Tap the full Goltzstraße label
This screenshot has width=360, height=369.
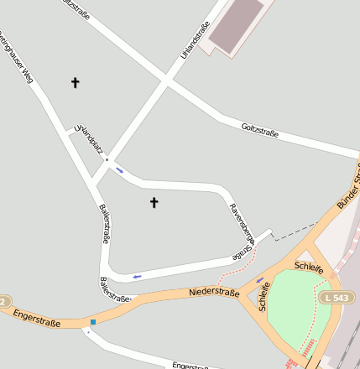click(259, 129)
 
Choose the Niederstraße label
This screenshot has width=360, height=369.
click(214, 293)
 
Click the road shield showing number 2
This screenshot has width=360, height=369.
click(3, 301)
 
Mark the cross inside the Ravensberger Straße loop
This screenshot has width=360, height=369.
click(154, 202)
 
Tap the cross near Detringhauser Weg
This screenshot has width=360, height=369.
click(75, 82)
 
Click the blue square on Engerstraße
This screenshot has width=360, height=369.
click(93, 321)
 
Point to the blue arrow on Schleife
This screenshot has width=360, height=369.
click(259, 279)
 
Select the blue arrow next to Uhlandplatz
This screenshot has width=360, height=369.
click(120, 170)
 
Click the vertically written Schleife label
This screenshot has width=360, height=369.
click(266, 296)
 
